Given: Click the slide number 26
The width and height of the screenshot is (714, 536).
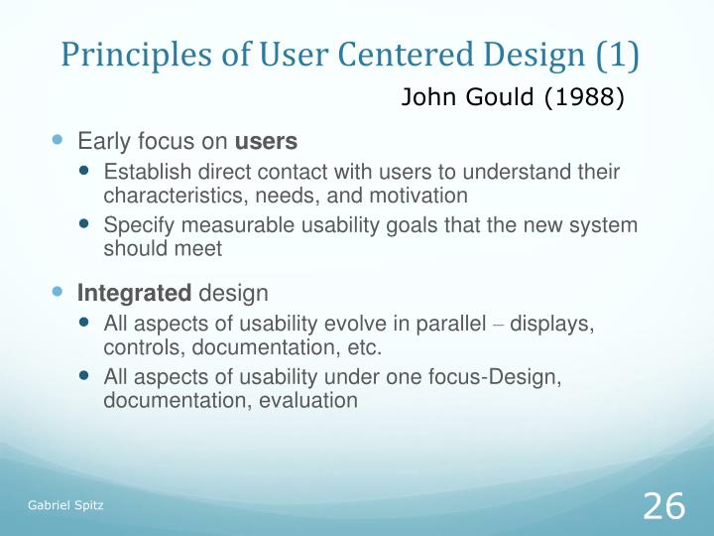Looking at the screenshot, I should tap(663, 506).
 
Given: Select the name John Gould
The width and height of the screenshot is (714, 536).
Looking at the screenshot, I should tap(469, 98).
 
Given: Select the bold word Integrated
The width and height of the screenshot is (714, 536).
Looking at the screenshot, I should tap(135, 293).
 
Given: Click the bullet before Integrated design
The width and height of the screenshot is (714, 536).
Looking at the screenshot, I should tap(57, 292).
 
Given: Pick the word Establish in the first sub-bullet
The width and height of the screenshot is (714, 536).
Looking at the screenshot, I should tap(144, 173).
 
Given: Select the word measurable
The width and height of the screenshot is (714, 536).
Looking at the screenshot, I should tap(219, 226).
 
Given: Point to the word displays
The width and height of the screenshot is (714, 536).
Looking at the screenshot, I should tap(558, 326).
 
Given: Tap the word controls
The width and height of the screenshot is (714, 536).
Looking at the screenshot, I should tap(139, 348).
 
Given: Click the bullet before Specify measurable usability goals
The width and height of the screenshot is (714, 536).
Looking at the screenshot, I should tap(85, 225).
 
